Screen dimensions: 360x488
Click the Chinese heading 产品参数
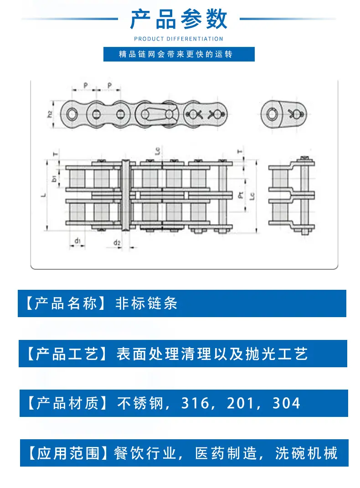pos(179,19)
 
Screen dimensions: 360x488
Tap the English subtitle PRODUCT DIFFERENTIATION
pos(179,39)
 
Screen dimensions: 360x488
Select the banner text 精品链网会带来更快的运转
pos(175,54)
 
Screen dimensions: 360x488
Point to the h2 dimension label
pos(50,114)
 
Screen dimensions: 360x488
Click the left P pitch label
pos(86,85)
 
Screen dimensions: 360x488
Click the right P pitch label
pos(109,85)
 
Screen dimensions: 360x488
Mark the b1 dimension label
pos(54,178)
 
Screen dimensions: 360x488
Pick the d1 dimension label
pos(77,241)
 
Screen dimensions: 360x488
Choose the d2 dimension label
pos(117,242)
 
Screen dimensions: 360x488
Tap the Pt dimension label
pos(241,195)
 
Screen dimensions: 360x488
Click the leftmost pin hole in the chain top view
pos(72,114)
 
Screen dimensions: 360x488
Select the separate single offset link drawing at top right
pos(283,114)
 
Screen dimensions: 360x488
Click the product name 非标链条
pos(146,303)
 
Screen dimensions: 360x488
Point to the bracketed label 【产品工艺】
pos(67,354)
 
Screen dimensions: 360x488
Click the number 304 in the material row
pos(286,403)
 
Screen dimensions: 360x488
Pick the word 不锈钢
pos(140,403)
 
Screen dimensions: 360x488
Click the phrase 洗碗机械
pos(306,453)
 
